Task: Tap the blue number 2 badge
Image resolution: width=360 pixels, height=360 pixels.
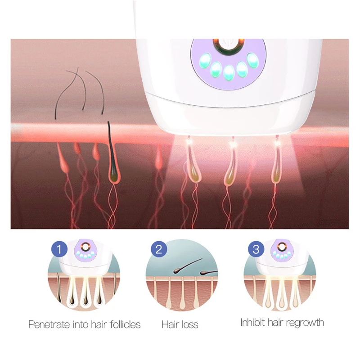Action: tap(158, 249)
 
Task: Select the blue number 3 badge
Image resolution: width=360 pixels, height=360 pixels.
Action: tap(256, 249)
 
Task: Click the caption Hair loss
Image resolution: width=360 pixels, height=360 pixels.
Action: tap(180, 324)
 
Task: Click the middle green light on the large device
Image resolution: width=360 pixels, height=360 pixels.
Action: tap(229, 72)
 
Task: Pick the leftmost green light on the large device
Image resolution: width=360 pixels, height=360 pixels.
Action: tap(206, 59)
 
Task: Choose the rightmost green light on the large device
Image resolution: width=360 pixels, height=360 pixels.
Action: tap(252, 60)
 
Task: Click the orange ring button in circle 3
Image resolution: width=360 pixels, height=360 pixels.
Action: tap(282, 247)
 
